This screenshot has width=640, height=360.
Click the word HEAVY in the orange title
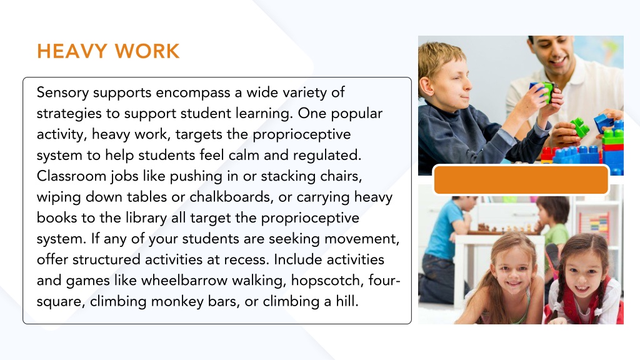[72, 51]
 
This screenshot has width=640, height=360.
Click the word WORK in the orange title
[147, 51]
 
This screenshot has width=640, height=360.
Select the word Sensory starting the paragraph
[62, 93]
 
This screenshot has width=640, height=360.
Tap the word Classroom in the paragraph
[71, 176]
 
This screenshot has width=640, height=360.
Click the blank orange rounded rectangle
[521, 179]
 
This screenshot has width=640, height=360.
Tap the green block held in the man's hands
[549, 92]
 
